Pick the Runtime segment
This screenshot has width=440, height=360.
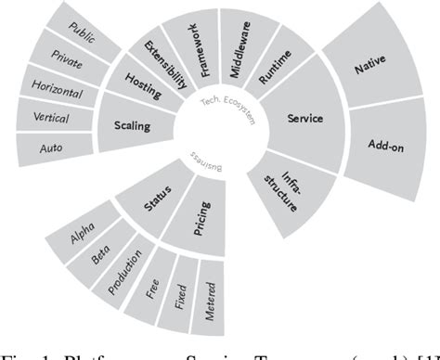point(274,70)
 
